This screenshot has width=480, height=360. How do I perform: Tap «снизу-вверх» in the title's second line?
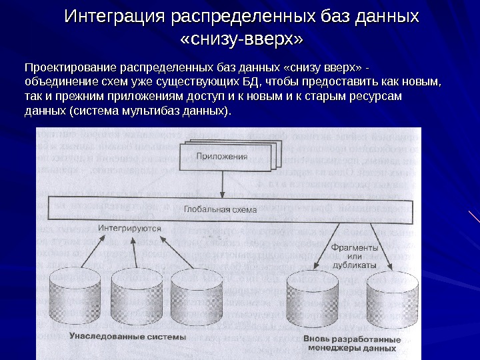[241, 41]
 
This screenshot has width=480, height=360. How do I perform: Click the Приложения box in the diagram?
[222, 157]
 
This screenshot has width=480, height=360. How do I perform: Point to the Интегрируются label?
[131, 227]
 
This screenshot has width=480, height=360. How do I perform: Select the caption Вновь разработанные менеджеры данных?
[353, 343]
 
